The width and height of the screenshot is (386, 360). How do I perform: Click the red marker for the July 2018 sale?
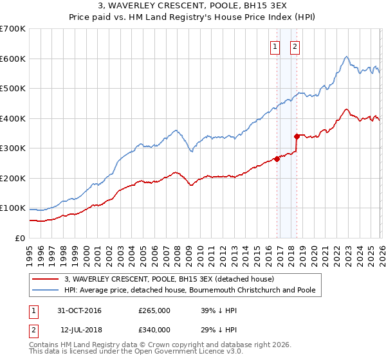click(x=297, y=136)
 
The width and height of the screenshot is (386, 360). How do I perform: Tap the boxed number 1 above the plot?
click(x=275, y=46)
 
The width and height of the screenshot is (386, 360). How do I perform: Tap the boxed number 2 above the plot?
click(x=295, y=46)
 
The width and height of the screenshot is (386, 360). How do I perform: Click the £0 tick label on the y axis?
click(x=19, y=238)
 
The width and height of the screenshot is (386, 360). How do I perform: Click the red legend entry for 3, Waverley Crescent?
click(x=169, y=279)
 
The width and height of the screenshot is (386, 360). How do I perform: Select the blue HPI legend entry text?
click(x=190, y=291)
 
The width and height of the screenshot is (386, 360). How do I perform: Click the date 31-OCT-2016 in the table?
click(x=79, y=310)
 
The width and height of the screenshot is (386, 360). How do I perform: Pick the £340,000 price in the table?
click(x=154, y=330)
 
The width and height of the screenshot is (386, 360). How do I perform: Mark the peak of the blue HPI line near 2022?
click(x=346, y=57)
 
